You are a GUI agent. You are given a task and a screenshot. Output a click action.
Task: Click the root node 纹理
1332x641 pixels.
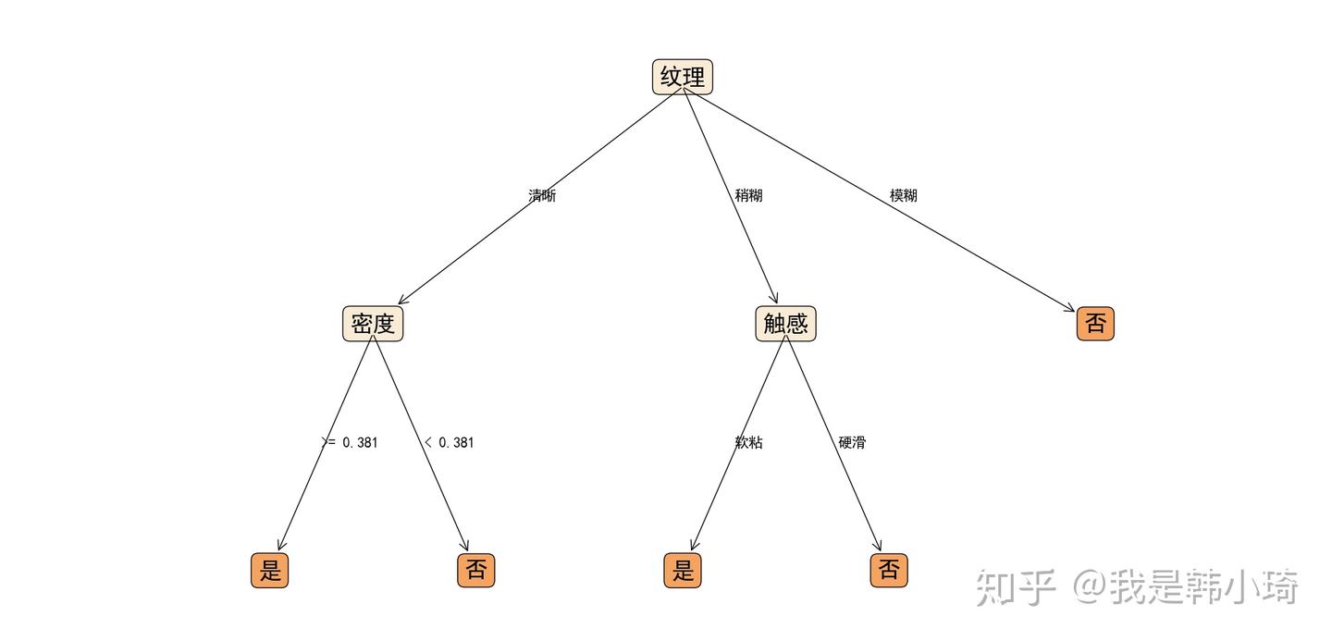pyautogui.click(x=683, y=77)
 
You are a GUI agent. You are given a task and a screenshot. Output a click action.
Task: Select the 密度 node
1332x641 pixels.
pyautogui.click(x=373, y=323)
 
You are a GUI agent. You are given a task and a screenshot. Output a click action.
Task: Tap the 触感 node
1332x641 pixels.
pyautogui.click(x=785, y=323)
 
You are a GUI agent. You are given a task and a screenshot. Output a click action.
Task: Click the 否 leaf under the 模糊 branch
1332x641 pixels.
pyautogui.click(x=1095, y=323)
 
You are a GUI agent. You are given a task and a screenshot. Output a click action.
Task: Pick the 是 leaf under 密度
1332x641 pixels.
pyautogui.click(x=269, y=570)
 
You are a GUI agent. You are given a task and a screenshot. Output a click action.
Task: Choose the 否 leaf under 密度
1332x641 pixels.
pyautogui.click(x=475, y=570)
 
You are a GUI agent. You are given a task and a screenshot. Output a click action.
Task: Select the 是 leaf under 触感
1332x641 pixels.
pyautogui.click(x=683, y=570)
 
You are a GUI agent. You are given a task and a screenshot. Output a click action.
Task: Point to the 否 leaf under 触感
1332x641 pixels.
pyautogui.click(x=889, y=570)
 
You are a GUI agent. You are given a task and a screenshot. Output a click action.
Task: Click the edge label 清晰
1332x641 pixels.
pyautogui.click(x=542, y=195)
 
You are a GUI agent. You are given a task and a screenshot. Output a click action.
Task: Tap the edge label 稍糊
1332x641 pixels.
pyautogui.click(x=748, y=195)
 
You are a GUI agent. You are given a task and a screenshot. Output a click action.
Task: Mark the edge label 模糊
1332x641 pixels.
pyautogui.click(x=903, y=195)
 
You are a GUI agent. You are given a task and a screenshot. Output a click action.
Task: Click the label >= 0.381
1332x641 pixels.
pyautogui.click(x=350, y=442)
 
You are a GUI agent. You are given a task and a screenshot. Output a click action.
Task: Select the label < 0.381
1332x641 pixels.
pyautogui.click(x=449, y=442)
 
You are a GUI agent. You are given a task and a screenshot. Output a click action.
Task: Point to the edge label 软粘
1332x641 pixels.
pyautogui.click(x=748, y=442)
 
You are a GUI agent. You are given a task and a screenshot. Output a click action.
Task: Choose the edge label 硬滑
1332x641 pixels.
pyautogui.click(x=852, y=442)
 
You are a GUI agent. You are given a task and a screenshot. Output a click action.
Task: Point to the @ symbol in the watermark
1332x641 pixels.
pyautogui.click(x=1088, y=587)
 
